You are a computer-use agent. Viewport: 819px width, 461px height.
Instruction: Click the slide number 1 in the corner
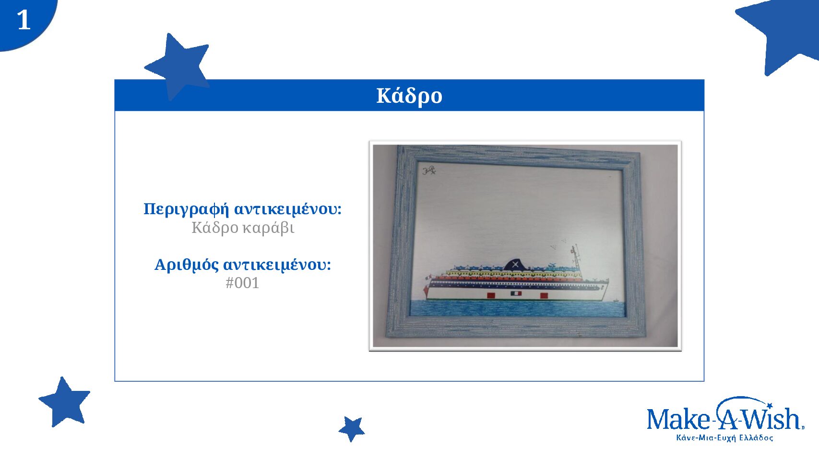(24, 20)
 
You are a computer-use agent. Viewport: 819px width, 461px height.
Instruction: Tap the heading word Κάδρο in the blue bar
(409, 96)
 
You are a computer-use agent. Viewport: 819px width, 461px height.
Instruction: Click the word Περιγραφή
(186, 209)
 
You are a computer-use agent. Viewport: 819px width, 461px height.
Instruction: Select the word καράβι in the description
(268, 228)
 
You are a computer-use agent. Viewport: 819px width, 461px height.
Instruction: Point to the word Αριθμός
(187, 265)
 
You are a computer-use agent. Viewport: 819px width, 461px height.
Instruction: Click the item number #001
(242, 283)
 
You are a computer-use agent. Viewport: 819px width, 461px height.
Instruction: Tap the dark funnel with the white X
(515, 264)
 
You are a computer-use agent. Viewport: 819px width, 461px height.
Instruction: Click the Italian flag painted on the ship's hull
(515, 293)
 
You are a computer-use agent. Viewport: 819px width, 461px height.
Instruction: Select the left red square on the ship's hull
(491, 295)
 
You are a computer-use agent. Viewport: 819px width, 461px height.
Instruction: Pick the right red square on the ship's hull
(544, 295)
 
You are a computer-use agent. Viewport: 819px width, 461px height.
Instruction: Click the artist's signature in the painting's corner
(429, 170)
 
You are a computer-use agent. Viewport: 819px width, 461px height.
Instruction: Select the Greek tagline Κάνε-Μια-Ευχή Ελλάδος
(724, 438)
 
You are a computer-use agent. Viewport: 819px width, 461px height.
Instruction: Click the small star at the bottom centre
(352, 429)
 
